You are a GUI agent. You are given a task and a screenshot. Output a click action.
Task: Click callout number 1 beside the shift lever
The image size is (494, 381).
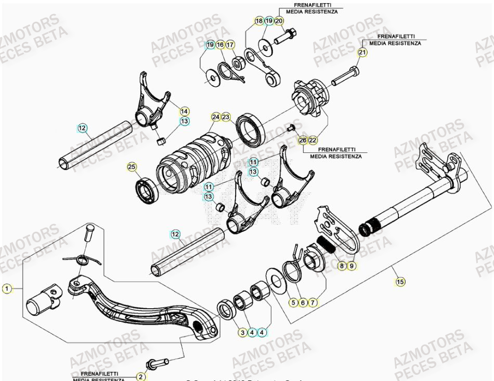point(6,288)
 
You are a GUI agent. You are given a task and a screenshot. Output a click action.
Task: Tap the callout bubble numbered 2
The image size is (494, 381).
point(141,376)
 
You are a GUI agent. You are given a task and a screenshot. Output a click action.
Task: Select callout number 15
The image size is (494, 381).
point(400,282)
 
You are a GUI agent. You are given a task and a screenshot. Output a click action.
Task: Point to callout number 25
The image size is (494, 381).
point(132,167)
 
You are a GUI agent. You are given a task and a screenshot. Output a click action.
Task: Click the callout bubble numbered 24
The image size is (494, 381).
point(215,117)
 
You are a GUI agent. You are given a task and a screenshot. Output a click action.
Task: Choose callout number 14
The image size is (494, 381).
point(185,111)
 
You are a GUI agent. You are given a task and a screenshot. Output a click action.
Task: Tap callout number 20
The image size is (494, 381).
point(279,21)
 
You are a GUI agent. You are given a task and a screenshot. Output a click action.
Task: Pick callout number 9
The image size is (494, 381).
point(352,266)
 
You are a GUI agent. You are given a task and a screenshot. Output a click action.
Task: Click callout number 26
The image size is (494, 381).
point(303,140)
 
